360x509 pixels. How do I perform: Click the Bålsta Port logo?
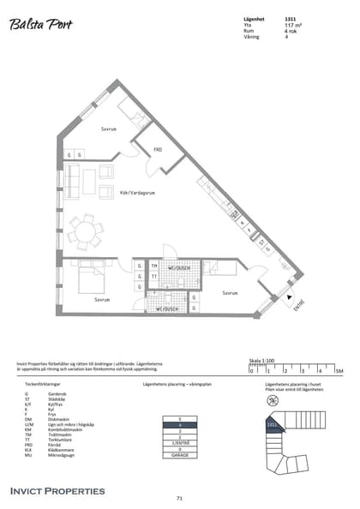(x=41, y=25)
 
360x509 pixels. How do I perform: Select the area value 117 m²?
(x=292, y=26)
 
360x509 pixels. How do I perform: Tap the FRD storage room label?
(x=158, y=149)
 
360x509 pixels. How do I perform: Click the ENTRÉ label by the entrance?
(x=298, y=303)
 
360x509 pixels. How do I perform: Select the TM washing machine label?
(x=154, y=266)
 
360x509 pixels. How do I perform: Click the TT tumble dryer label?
(x=154, y=277)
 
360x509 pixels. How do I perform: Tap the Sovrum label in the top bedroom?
(x=108, y=129)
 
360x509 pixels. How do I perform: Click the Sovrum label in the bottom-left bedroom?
(x=102, y=300)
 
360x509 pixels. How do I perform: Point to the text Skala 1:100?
(x=261, y=362)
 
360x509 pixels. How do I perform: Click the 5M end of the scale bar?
(x=339, y=370)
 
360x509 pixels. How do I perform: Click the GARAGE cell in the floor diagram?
(x=180, y=455)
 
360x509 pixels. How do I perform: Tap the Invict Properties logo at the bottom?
(x=57, y=491)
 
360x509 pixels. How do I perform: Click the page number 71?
(x=179, y=498)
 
